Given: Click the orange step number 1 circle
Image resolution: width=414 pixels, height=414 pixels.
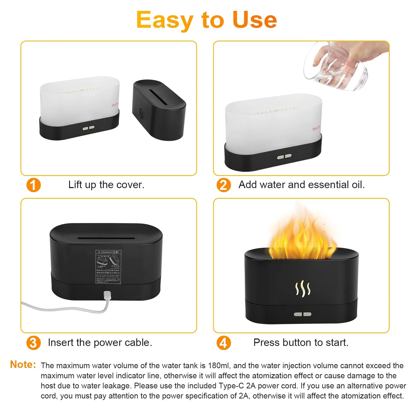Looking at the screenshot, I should (x=34, y=185).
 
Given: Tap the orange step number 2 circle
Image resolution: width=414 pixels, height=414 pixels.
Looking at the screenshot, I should (x=224, y=185).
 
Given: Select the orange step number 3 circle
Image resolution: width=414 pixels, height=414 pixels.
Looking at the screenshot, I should (x=34, y=343).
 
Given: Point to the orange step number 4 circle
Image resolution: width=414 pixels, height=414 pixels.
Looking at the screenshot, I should (x=224, y=343).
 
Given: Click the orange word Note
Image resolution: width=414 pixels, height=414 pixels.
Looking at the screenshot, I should (x=23, y=365).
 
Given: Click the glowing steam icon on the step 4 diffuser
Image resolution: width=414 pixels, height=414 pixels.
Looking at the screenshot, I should (x=302, y=288).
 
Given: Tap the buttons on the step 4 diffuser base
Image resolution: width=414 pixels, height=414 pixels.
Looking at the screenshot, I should (x=302, y=314).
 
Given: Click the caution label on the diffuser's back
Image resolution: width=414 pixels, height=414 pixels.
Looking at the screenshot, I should (x=108, y=267).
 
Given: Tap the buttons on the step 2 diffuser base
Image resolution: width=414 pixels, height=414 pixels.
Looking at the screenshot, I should (x=284, y=157).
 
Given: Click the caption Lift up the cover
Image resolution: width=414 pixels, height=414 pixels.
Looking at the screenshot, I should (x=106, y=185).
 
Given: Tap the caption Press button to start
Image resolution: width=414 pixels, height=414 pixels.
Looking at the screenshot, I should (x=301, y=342).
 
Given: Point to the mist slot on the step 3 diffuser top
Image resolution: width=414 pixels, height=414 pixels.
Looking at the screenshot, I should (x=106, y=238).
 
